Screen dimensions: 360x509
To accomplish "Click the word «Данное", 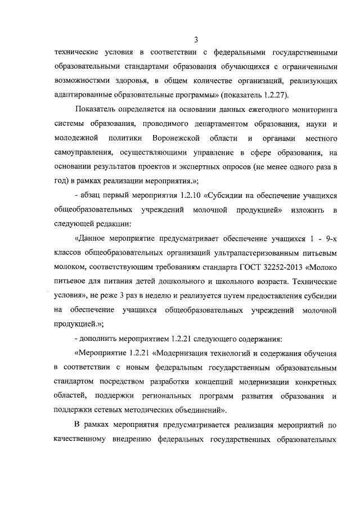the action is (92, 238).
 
